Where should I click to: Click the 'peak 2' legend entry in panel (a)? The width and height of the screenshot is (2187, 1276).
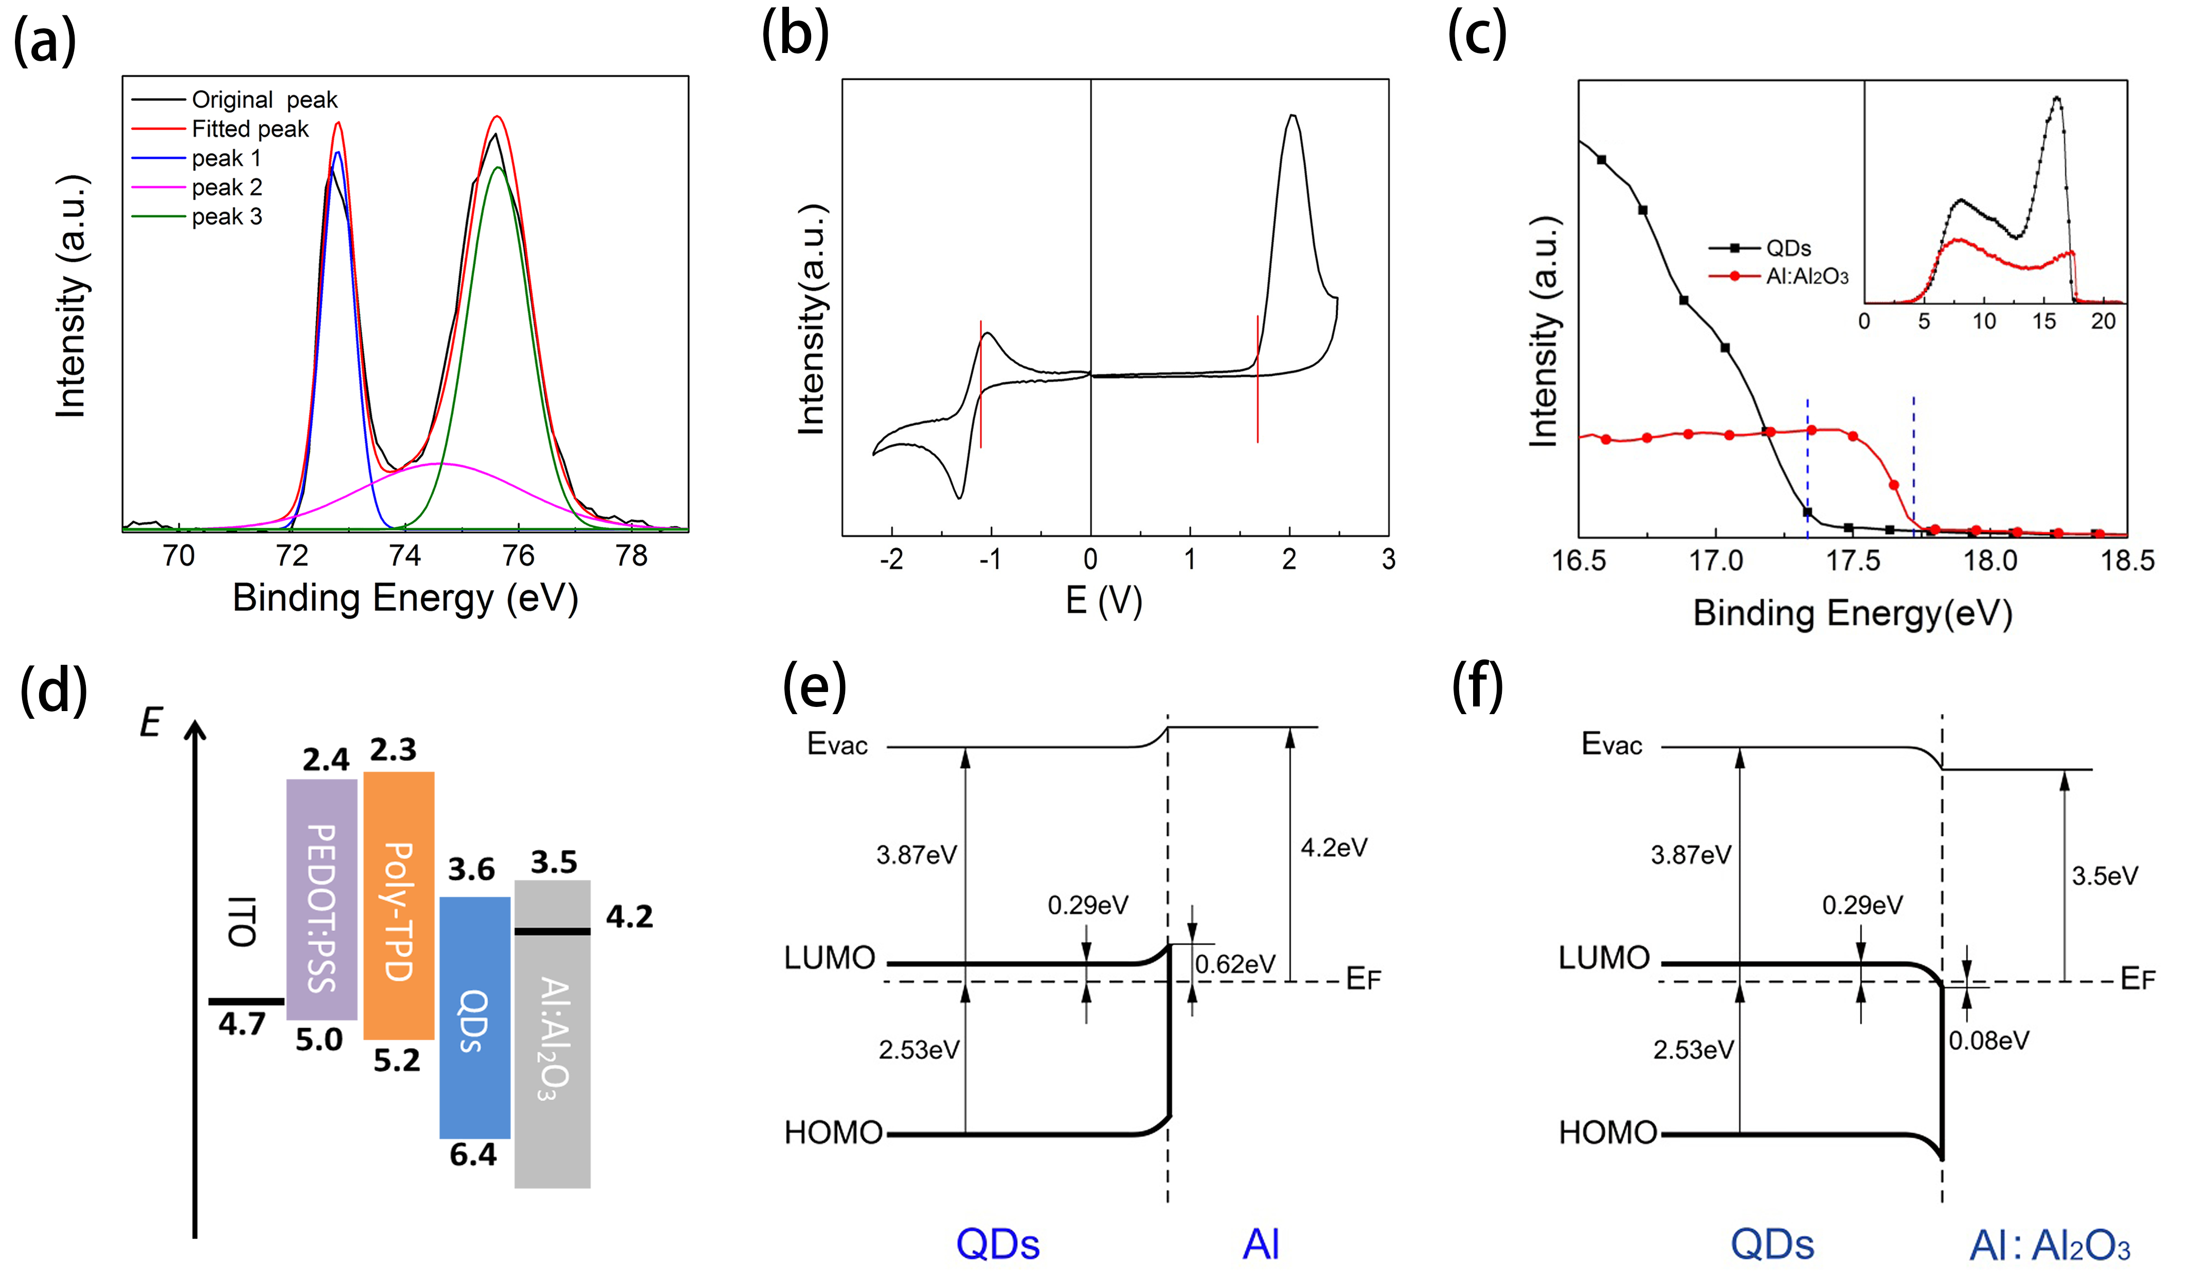click(x=226, y=187)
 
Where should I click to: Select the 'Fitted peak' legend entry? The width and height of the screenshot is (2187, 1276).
click(x=249, y=129)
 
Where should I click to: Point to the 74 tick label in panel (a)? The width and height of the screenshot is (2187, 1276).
click(x=404, y=556)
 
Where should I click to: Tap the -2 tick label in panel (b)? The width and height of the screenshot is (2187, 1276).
click(x=891, y=560)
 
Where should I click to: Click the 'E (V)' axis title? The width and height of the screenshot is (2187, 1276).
click(x=1103, y=600)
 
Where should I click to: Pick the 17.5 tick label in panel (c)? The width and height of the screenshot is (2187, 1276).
click(x=1853, y=561)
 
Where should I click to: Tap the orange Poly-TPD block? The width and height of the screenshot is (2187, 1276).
click(x=398, y=906)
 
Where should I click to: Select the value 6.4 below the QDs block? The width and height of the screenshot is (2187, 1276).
click(x=473, y=1155)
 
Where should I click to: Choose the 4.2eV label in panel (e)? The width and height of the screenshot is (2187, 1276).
click(x=1333, y=848)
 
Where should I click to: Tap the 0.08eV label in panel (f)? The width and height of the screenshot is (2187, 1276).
click(x=1988, y=1041)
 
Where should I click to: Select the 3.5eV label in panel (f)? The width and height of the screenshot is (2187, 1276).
click(x=2105, y=876)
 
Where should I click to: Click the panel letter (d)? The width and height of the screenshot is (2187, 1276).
click(x=53, y=691)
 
